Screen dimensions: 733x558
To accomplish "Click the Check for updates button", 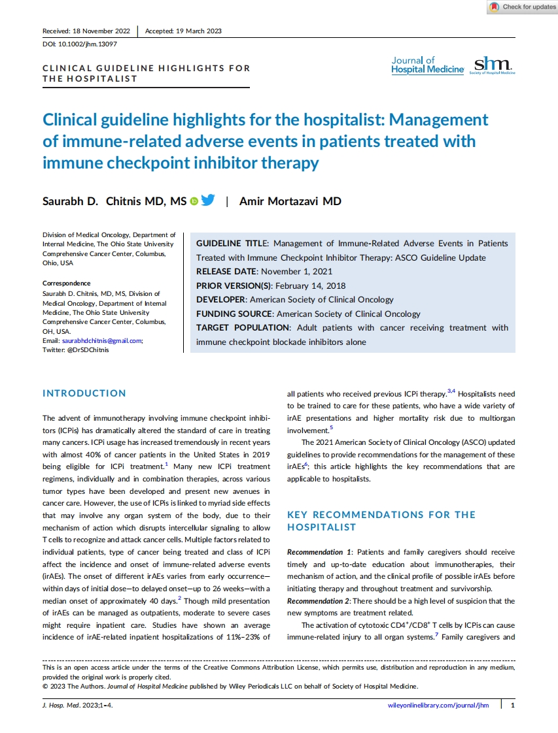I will coord(522,7).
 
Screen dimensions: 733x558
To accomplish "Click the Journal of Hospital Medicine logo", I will coord(428,65).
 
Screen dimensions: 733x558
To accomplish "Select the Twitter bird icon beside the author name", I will coord(208,201).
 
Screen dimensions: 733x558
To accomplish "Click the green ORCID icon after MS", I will coord(194,201).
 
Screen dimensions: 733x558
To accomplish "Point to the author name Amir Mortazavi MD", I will coord(290,201).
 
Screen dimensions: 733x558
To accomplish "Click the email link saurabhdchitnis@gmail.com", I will coord(101,340).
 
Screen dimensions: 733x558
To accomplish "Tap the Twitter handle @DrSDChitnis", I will coord(85,350).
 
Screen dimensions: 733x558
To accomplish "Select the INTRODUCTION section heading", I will coord(84,393).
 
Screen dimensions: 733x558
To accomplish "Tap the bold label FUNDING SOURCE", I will coord(234,314).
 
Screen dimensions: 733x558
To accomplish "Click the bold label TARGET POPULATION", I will coord(243,328).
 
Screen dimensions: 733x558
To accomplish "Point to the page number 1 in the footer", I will coord(512,705).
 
